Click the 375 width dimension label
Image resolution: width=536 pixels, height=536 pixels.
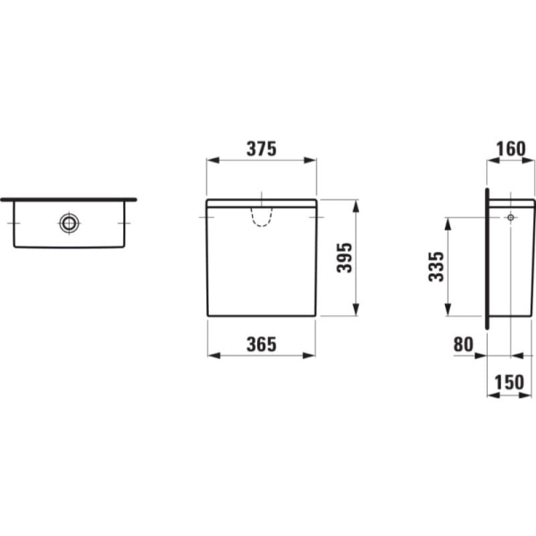[x=262, y=149]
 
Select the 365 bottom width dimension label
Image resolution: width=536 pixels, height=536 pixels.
[x=262, y=344]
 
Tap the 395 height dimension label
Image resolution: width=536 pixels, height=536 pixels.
[x=344, y=258]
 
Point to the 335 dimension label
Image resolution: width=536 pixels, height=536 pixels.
[x=436, y=266]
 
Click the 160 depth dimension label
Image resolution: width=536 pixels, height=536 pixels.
[x=511, y=149]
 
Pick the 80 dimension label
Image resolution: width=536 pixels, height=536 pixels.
[x=464, y=344]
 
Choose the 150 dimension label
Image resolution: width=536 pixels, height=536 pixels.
[x=509, y=382]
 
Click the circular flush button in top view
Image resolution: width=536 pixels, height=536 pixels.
[x=69, y=223]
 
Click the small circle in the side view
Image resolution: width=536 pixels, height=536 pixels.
[x=511, y=217]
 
